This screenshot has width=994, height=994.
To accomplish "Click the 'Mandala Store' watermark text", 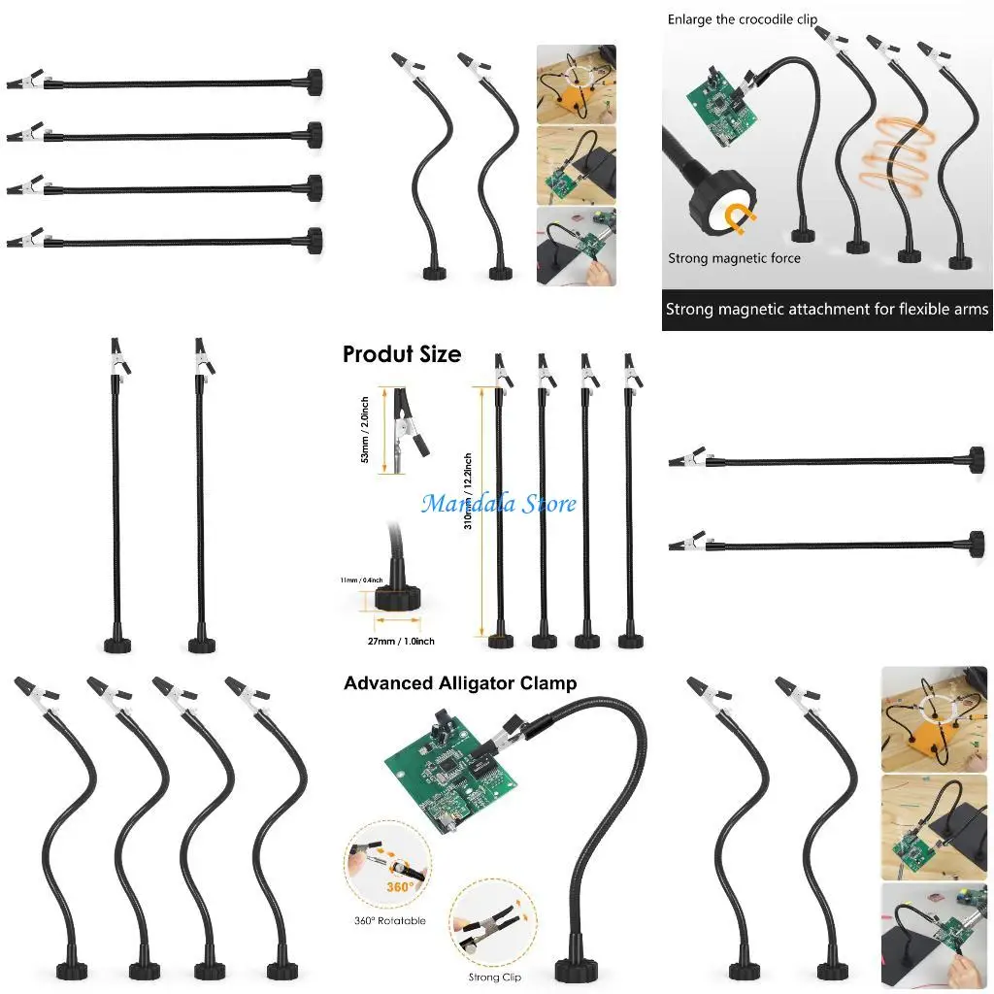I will coord(499,504).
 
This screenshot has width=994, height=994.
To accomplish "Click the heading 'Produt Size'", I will coord(401,354).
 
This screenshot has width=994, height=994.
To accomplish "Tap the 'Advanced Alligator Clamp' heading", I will coord(459,683).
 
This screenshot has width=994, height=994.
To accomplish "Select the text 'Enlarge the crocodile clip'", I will coord(742,19).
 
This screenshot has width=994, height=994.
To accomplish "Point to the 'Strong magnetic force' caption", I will coord(734,258).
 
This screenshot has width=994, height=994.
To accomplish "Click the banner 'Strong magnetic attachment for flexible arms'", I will coord(827,310).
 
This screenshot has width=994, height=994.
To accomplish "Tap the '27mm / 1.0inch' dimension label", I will coord(401,642).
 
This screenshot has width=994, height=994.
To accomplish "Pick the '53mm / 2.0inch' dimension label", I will coord(365,429).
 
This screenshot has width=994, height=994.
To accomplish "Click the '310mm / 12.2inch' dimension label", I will coord(468,505).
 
